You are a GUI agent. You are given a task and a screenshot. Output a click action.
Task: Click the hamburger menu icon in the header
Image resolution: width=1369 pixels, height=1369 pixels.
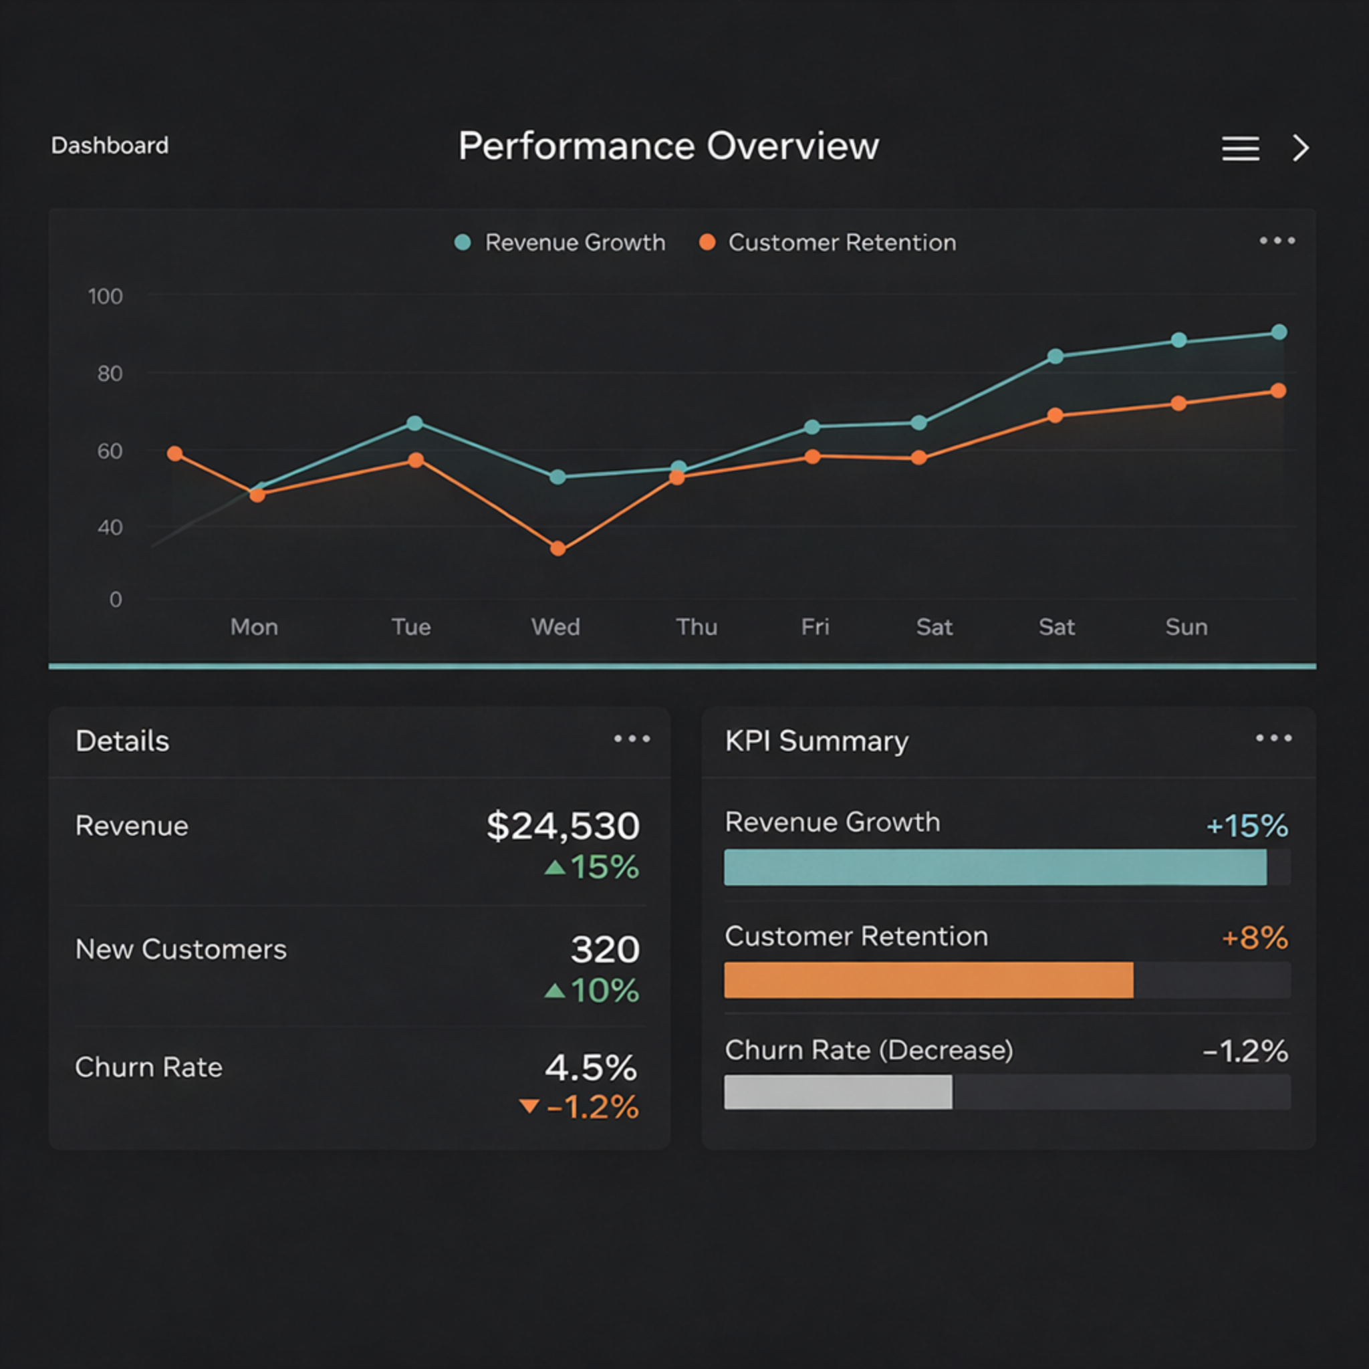click(x=1240, y=148)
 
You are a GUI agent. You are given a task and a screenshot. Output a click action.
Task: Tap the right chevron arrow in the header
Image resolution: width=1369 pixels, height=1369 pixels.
click(x=1300, y=148)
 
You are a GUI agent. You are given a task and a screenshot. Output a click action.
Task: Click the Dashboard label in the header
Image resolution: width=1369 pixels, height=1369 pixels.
click(x=110, y=145)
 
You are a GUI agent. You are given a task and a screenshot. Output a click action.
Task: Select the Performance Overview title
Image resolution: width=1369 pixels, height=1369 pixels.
click(x=668, y=146)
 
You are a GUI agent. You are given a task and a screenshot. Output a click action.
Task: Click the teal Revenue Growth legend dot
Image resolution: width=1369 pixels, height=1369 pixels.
click(x=463, y=243)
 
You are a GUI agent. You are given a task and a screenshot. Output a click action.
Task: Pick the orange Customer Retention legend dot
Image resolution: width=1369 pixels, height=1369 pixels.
click(x=707, y=243)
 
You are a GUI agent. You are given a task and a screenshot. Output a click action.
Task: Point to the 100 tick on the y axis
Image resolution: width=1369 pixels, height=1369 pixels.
click(x=105, y=296)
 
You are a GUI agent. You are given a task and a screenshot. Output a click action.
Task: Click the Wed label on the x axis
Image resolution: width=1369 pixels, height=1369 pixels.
click(x=555, y=626)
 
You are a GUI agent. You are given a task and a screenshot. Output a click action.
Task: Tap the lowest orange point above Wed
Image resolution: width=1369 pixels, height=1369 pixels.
click(x=557, y=548)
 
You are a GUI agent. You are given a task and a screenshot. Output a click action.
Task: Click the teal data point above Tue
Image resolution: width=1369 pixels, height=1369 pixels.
click(x=414, y=423)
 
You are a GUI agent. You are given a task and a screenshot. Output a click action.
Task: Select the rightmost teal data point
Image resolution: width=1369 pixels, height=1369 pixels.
click(x=1279, y=332)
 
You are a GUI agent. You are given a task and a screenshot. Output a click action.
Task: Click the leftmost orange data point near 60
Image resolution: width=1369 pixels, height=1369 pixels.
click(x=175, y=453)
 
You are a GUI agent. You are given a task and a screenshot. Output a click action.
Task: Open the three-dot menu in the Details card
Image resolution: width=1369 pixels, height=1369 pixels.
click(x=631, y=739)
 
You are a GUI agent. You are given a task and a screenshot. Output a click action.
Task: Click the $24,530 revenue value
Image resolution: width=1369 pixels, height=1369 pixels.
click(x=563, y=826)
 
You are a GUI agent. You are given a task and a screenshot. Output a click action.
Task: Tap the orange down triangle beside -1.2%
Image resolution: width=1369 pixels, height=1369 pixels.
click(x=529, y=1106)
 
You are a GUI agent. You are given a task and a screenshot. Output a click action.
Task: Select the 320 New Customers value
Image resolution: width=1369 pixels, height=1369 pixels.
click(x=605, y=949)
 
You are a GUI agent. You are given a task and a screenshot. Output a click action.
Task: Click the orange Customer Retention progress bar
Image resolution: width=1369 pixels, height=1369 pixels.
click(x=928, y=980)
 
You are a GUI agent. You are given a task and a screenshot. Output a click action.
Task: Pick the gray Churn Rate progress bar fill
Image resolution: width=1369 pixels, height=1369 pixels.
click(x=838, y=1092)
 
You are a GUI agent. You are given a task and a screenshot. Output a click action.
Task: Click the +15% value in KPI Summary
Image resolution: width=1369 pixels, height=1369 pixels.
click(x=1247, y=826)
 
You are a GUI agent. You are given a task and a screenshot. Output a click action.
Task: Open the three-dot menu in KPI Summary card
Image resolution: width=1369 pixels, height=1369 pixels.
click(x=1273, y=739)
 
